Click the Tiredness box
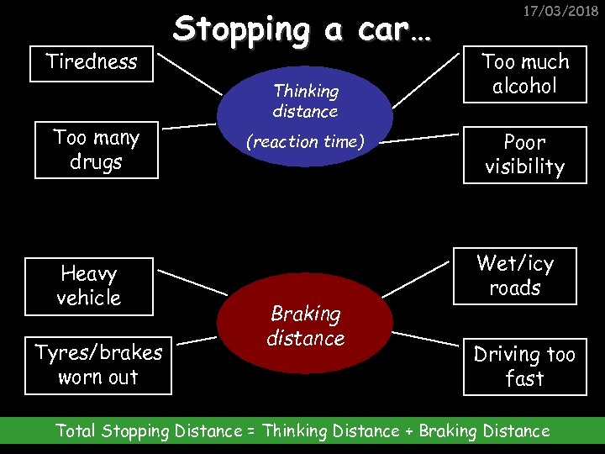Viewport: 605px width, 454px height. click(x=92, y=62)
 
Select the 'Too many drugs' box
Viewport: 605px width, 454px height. click(x=96, y=150)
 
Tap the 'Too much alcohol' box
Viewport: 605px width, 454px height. click(x=524, y=74)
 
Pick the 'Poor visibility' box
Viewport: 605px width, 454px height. click(x=524, y=155)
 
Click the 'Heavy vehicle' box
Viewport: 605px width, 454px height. click(x=89, y=286)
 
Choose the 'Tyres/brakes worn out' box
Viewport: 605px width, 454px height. click(x=98, y=366)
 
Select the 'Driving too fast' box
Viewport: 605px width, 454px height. click(x=524, y=367)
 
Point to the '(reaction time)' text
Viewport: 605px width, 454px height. click(x=305, y=142)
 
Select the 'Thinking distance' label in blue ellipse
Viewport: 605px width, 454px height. click(x=305, y=101)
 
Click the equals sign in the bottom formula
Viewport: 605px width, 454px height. click(x=251, y=431)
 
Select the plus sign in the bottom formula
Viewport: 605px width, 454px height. click(x=409, y=431)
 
